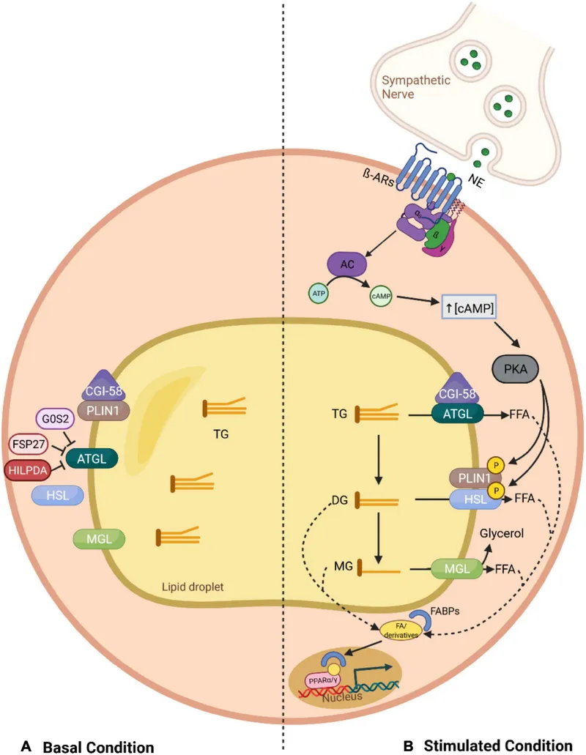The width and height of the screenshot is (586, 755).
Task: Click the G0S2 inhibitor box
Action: click(56, 420)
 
